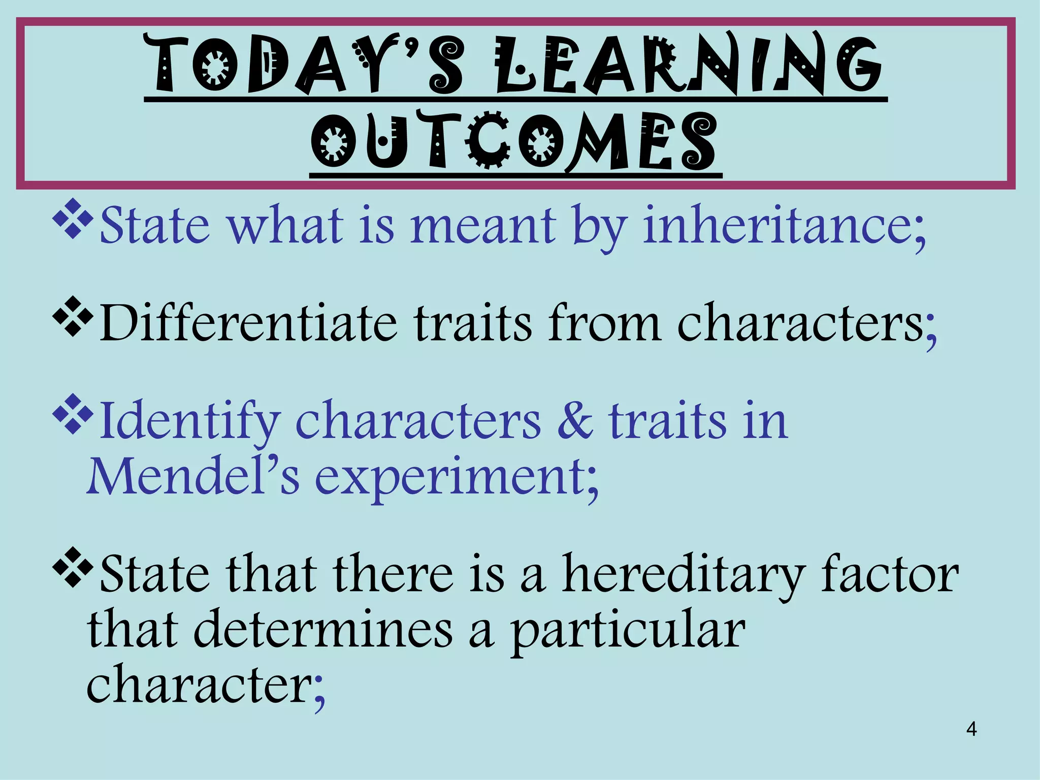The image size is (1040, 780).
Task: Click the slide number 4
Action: (971, 729)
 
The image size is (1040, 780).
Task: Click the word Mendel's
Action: (193, 476)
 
